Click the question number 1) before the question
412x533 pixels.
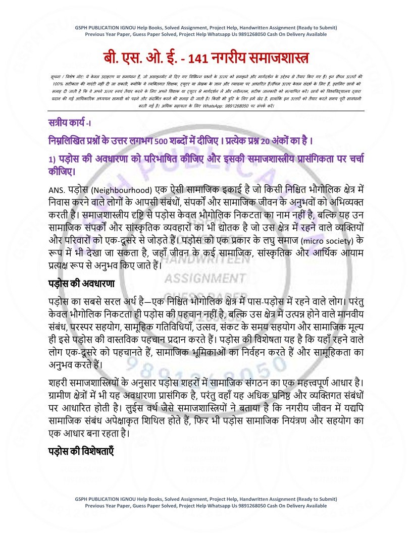pos(51,159)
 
